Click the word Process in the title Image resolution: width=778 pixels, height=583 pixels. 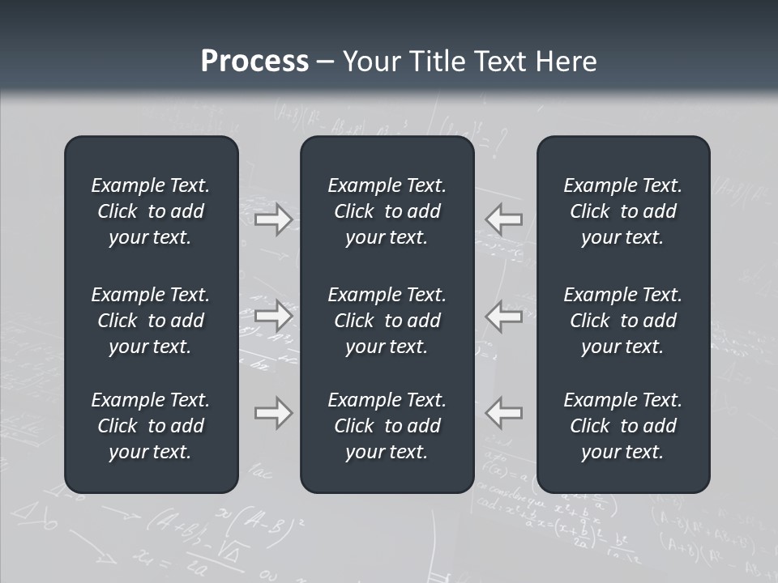click(254, 62)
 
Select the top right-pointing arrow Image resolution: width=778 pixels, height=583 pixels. click(273, 219)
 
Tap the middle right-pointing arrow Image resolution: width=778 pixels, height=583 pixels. click(273, 316)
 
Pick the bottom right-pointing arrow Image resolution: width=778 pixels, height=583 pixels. click(273, 413)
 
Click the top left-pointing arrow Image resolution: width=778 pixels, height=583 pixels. click(503, 219)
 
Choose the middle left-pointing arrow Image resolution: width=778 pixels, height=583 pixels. click(503, 316)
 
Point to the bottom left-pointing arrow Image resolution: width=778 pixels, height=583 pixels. click(503, 413)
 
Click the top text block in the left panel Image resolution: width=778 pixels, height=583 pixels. click(151, 211)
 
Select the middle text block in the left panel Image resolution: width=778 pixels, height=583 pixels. click(151, 321)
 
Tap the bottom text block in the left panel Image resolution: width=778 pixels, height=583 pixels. click(151, 426)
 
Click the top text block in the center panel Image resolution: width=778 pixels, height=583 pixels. click(387, 211)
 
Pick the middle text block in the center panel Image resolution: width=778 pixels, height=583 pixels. click(387, 321)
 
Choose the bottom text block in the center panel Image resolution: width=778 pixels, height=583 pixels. click(387, 426)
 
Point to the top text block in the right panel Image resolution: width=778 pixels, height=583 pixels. click(622, 211)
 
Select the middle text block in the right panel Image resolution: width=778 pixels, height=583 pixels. click(622, 321)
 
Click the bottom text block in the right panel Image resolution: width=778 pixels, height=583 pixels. click(622, 426)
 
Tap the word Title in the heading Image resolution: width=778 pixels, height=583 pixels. click(434, 62)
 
